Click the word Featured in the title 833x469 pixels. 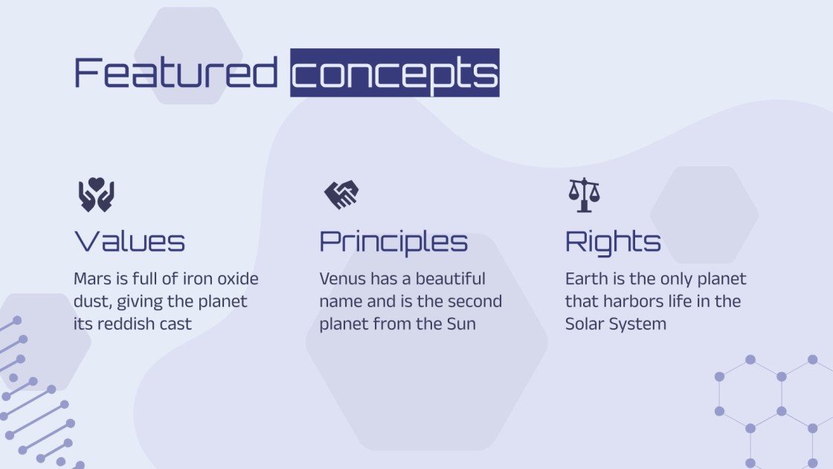pyautogui.click(x=176, y=73)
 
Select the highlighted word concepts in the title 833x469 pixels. pyautogui.click(x=394, y=73)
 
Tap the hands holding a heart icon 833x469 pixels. pyautogui.click(x=96, y=194)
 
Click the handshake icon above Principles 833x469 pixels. pyautogui.click(x=341, y=194)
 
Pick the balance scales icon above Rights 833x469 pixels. pyautogui.click(x=584, y=194)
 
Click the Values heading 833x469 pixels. pyautogui.click(x=129, y=241)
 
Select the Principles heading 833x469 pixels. pyautogui.click(x=393, y=241)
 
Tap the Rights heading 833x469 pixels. pyautogui.click(x=613, y=241)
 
